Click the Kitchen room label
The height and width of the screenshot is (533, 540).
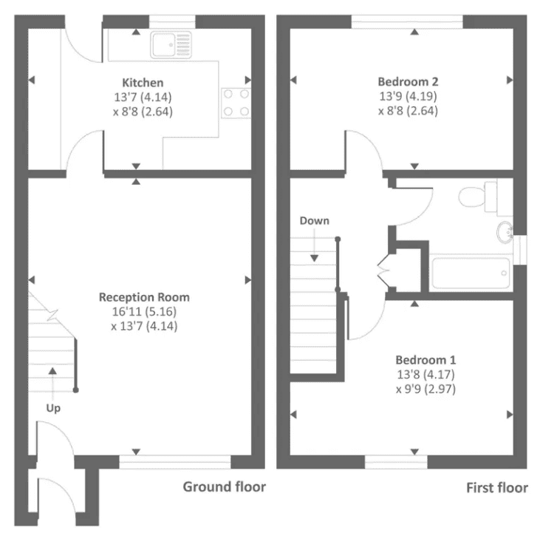pos(143,83)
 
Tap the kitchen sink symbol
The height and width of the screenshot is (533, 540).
pos(171,44)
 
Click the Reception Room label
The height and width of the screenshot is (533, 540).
pos(144,297)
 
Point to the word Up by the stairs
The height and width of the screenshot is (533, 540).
pos(53,408)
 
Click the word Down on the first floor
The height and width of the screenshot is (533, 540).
pos(315,221)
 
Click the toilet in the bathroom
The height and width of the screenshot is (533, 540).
pos(479,197)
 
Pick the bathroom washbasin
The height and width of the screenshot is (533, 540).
pos(505,231)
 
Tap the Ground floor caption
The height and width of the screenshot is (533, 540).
pos(224,486)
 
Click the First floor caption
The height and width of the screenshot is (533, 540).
pos(497,487)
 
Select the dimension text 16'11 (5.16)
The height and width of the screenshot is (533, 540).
pos(144,311)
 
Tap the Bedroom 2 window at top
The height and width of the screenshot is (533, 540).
pos(407,22)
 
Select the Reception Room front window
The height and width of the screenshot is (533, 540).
pos(174,463)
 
